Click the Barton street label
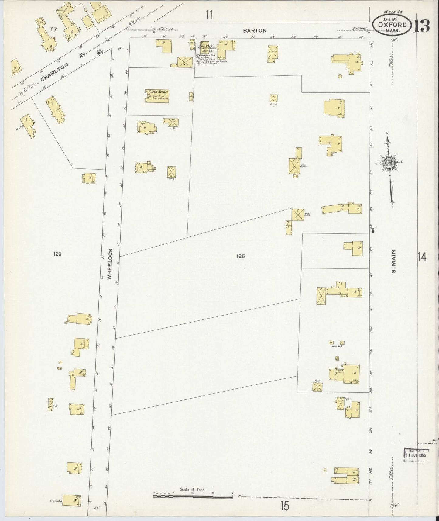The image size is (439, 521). tap(255, 30)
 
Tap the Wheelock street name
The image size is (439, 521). tap(110, 264)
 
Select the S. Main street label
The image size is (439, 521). tap(394, 261)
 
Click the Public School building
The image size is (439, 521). tap(157, 96)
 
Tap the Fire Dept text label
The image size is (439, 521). tap(206, 45)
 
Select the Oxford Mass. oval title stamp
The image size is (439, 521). tap(392, 26)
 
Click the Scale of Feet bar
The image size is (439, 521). tap(193, 496)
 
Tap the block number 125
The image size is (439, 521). tap(240, 256)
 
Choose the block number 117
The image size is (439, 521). tap(54, 29)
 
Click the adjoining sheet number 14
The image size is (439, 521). tap(422, 257)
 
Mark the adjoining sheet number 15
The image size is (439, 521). tap(285, 506)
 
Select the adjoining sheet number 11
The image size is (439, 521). tap(209, 15)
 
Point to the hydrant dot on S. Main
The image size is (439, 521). tap(373, 231)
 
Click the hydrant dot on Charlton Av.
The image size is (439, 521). tap(98, 53)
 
